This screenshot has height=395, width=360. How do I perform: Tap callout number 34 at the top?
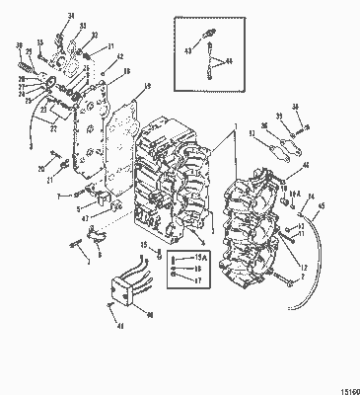click(72, 17)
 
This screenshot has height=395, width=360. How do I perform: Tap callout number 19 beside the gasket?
click(146, 88)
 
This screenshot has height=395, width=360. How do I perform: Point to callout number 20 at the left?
click(40, 170)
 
